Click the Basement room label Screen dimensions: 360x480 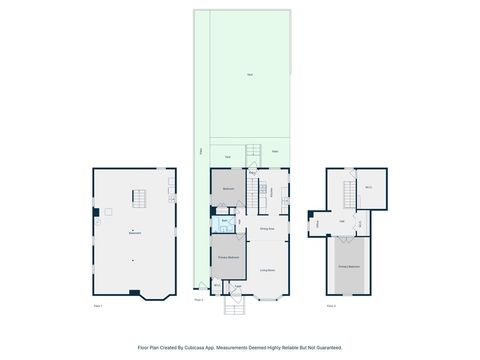(134, 233)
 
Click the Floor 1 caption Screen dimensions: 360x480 (98, 305)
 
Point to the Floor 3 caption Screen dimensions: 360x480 (332, 305)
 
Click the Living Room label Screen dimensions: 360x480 (268, 271)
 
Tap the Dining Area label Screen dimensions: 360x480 (267, 229)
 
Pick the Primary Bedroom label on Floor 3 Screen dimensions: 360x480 (348, 267)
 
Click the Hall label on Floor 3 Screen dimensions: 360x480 (341, 221)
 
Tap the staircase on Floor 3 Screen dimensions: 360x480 (350, 191)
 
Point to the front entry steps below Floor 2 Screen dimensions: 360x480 (234, 307)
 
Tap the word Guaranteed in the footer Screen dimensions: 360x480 (326, 348)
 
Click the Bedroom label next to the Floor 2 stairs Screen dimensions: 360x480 (228, 188)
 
